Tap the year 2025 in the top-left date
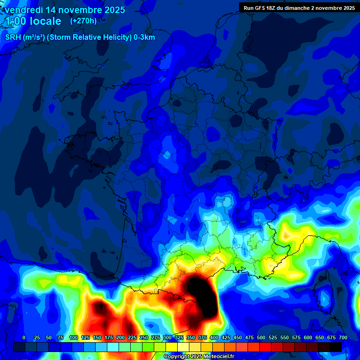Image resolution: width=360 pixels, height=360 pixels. pos(112,10)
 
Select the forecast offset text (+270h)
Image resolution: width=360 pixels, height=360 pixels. pos(83,21)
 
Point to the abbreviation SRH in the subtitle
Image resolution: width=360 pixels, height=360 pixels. pos(13,37)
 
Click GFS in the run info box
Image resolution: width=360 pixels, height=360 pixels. pos(261,8)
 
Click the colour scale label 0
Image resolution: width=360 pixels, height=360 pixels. pos(24,338)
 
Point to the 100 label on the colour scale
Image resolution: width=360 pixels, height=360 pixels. pos(74,338)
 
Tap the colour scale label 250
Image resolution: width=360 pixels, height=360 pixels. pos(144,338)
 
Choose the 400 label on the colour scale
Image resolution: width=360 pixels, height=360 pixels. pos(214,338)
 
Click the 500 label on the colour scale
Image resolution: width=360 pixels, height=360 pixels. pos(261,338)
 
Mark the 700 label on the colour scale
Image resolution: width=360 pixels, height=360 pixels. pos(343,338)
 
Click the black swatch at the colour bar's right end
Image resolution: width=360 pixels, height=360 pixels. pos(336,347)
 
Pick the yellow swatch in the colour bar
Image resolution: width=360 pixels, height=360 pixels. pos(172,347)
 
